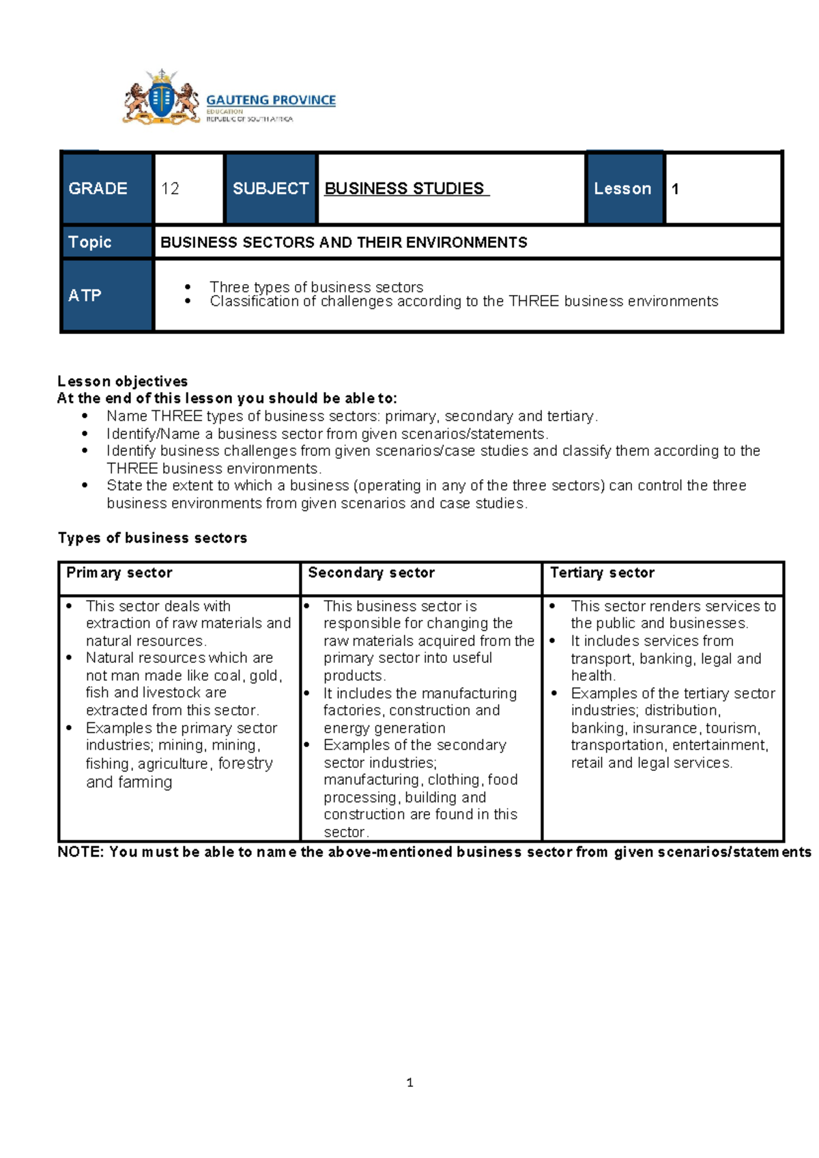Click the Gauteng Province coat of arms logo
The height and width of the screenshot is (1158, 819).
[161, 98]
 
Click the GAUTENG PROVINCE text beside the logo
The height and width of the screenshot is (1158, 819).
[271, 100]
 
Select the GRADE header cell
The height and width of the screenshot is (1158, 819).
[106, 188]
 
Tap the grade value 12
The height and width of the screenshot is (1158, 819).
[171, 189]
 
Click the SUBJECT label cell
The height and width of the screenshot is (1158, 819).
[270, 188]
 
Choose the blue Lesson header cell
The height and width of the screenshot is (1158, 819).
[623, 188]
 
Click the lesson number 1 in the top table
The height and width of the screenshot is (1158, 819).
[675, 189]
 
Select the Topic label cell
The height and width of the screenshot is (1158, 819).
[106, 242]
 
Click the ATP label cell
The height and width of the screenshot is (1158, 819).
[106, 296]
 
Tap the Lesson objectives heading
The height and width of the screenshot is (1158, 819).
[123, 381]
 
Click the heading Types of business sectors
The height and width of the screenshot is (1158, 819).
[153, 538]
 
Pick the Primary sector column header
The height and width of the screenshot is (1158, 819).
[119, 573]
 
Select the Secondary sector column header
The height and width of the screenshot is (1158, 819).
[371, 573]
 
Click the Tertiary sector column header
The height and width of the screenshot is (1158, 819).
[603, 573]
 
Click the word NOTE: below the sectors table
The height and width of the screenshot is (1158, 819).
[81, 852]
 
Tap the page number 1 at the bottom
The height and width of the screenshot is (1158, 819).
[409, 1083]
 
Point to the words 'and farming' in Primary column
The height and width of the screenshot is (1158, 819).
[129, 782]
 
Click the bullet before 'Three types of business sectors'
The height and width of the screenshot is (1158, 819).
[188, 287]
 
